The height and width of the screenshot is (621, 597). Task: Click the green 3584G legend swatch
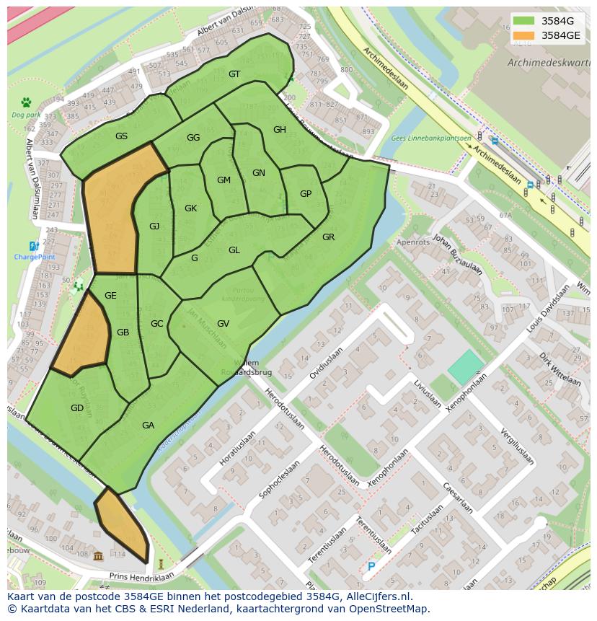(x=524, y=22)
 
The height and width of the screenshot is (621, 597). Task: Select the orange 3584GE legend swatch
(x=524, y=35)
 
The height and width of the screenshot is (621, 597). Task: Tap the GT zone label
(x=234, y=74)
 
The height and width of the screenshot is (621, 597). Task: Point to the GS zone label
(x=121, y=136)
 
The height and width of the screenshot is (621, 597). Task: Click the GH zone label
(x=280, y=130)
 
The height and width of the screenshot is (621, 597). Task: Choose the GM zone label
(x=224, y=180)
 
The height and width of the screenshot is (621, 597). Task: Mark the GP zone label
(x=306, y=194)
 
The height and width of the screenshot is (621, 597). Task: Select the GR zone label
(x=328, y=237)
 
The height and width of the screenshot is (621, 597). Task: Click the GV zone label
(x=223, y=324)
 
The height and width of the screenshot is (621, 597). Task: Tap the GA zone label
(x=148, y=426)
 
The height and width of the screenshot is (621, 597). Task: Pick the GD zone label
(x=77, y=408)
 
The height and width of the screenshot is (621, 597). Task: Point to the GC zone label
(x=156, y=324)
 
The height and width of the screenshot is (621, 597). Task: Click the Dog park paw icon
(x=27, y=102)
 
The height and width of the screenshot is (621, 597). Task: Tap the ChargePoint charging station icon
(x=34, y=247)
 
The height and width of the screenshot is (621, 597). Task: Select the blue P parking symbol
(x=371, y=567)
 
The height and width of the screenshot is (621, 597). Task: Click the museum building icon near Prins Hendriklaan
(x=98, y=555)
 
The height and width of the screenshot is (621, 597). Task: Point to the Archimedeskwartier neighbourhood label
(x=548, y=63)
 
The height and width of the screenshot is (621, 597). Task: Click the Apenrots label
(x=413, y=243)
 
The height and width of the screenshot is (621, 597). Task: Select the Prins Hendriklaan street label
(x=141, y=577)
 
